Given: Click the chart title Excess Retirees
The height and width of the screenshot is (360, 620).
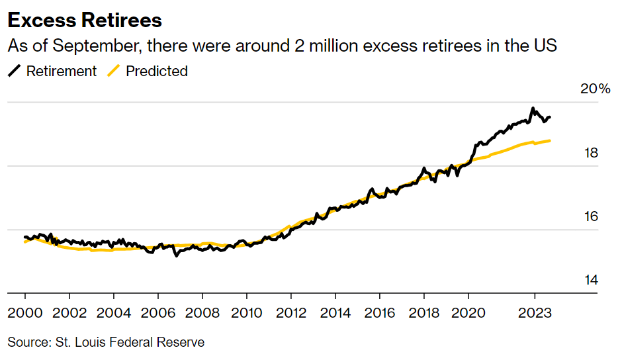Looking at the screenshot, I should tap(85, 20).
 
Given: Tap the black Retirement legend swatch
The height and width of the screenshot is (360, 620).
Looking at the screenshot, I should tap(14, 71).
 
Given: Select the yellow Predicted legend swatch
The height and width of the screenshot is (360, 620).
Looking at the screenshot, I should tap(113, 71).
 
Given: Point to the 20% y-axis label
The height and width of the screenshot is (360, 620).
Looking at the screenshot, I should tap(595, 89).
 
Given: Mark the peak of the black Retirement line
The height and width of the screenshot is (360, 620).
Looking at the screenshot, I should tap(533, 109).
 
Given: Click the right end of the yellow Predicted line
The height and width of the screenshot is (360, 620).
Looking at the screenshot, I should tap(551, 140).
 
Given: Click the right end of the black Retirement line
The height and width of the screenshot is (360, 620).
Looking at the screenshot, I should tap(551, 117).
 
